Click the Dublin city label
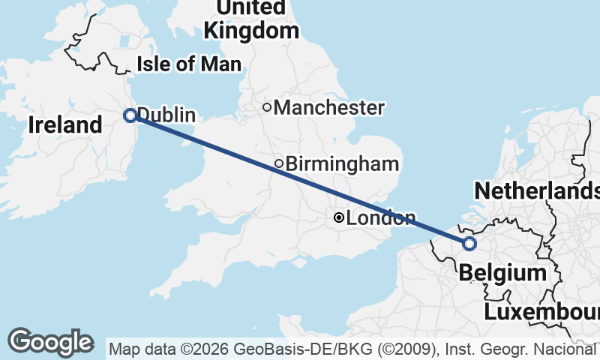(166, 115)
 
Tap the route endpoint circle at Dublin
(130, 115)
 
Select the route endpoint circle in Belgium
(469, 243)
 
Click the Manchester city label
(328, 108)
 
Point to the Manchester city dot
(266, 107)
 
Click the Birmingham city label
(342, 163)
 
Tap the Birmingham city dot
(279, 163)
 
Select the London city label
(380, 218)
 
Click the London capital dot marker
(339, 217)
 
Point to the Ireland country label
(65, 124)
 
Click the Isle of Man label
(188, 64)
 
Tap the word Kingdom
(251, 31)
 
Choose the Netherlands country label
(537, 190)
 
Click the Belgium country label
(502, 272)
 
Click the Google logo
(51, 342)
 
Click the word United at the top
(251, 7)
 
